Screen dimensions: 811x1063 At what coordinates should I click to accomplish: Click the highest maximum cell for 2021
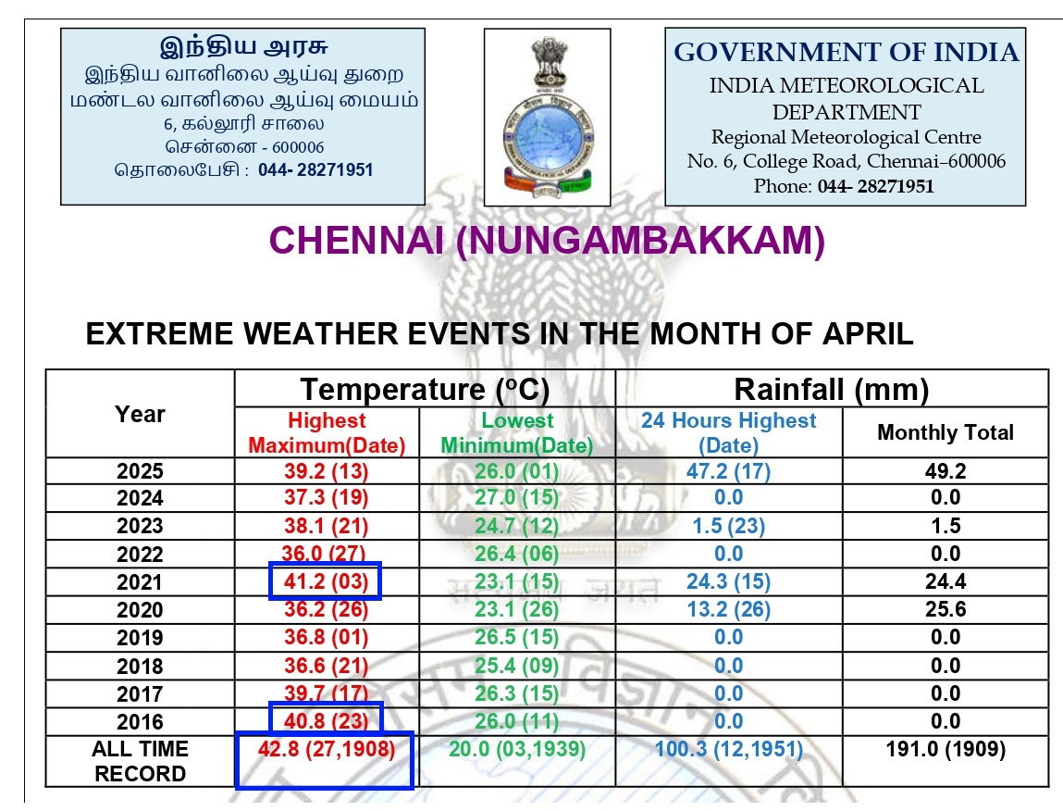[326, 582]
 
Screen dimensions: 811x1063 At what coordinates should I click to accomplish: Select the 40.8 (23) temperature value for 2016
[326, 721]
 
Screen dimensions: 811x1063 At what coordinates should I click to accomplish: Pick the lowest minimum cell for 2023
[516, 526]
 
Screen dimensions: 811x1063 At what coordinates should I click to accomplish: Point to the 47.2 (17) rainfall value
[728, 470]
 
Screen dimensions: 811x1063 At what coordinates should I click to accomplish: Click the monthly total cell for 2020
[945, 610]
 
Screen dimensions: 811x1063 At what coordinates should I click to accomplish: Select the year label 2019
[140, 638]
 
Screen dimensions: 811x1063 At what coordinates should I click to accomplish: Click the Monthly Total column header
[945, 432]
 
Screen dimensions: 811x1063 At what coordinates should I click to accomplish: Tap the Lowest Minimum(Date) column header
[516, 433]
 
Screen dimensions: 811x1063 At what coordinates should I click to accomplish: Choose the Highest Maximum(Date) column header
[327, 433]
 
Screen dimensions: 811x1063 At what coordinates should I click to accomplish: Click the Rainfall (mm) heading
[831, 389]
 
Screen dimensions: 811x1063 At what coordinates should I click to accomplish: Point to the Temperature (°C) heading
[425, 389]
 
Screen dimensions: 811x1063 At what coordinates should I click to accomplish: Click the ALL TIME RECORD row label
[140, 761]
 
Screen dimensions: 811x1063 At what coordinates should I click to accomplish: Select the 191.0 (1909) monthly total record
[945, 749]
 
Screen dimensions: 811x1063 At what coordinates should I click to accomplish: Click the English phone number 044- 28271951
[875, 186]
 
